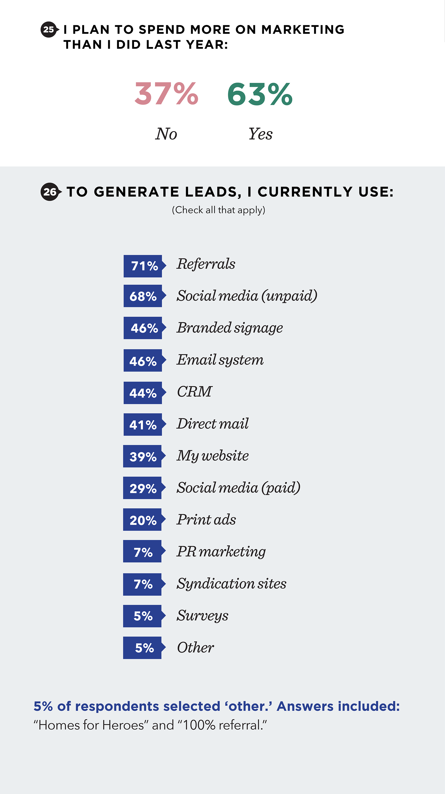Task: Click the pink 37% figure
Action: [x=166, y=94]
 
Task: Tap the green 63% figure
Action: [x=260, y=94]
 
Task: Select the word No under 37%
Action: [x=166, y=134]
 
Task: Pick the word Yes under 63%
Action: [x=260, y=134]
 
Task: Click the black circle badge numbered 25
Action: [x=49, y=30]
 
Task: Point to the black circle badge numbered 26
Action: [x=50, y=192]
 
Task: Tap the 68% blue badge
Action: [x=143, y=296]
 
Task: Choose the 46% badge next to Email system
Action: [x=143, y=361]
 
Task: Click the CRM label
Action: [x=194, y=392]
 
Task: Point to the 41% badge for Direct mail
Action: [x=143, y=425]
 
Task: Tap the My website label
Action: [x=212, y=456]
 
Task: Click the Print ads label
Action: [x=206, y=520]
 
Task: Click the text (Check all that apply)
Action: [x=219, y=210]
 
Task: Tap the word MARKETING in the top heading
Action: [x=303, y=30]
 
